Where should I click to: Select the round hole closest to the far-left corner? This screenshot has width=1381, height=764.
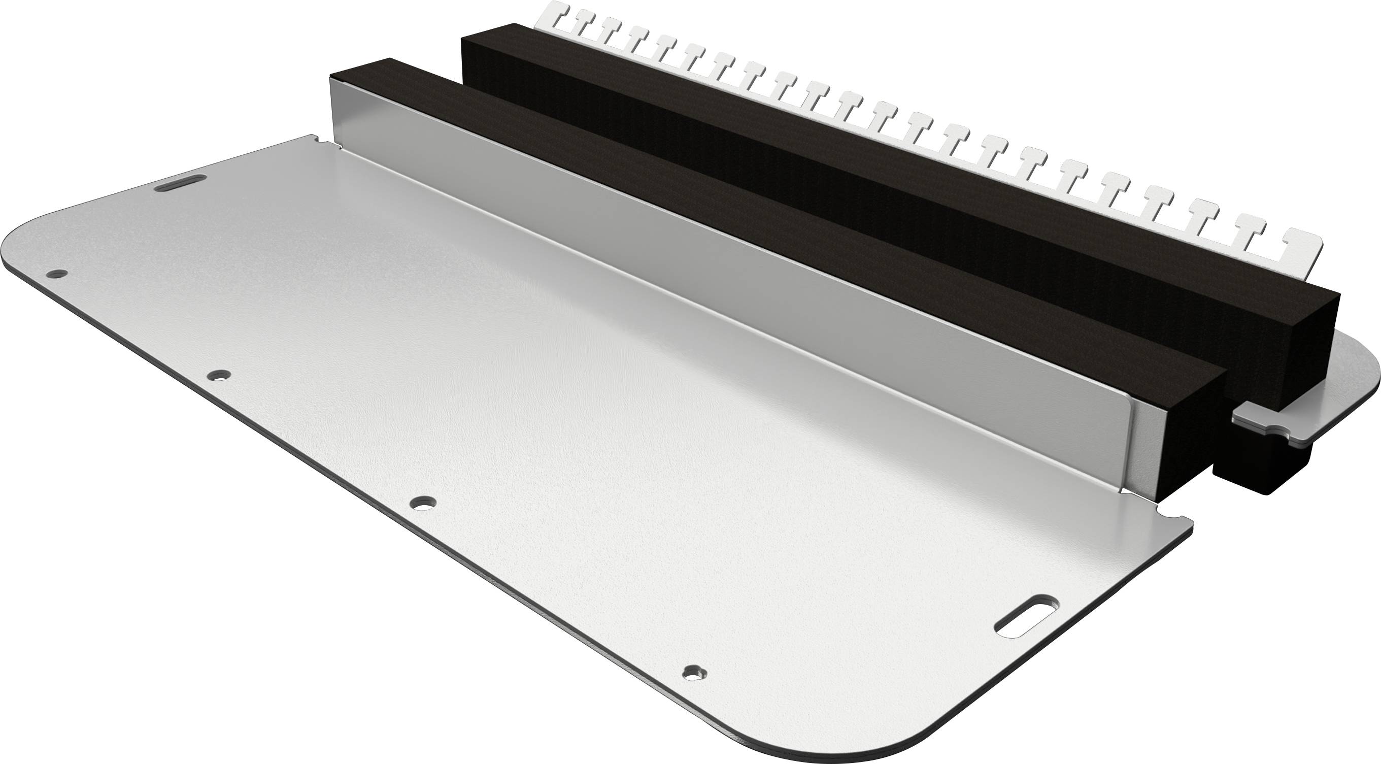click(x=56, y=274)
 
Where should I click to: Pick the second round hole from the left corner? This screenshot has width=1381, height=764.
click(x=219, y=375)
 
